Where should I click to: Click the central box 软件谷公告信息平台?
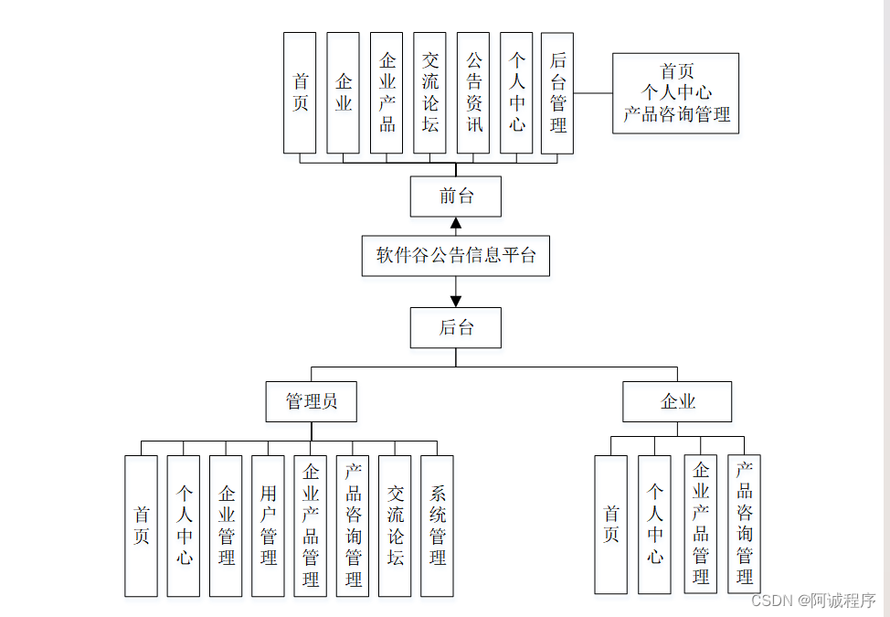pos(455,255)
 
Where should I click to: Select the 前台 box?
pos(455,197)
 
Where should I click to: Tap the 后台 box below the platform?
pos(455,327)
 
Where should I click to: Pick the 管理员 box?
pos(311,401)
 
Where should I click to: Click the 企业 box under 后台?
pos(677,401)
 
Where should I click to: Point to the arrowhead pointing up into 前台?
pos(455,223)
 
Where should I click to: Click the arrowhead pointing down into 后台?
pos(455,300)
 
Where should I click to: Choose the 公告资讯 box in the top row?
pos(473,93)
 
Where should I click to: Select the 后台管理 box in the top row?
pos(557,93)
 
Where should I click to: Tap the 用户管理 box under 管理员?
pos(268,526)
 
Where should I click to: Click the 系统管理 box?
pos(437,526)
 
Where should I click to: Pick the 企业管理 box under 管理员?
pos(226,526)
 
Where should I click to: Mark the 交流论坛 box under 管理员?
pos(395,526)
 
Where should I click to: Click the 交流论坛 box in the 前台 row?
pos(429,93)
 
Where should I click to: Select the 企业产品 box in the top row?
pos(387,93)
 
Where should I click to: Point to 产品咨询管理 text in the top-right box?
pos(676,115)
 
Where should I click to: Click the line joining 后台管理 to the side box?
pos(593,93)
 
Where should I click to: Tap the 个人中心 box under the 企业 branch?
pos(654,526)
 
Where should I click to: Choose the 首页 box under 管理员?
pos(141,526)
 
